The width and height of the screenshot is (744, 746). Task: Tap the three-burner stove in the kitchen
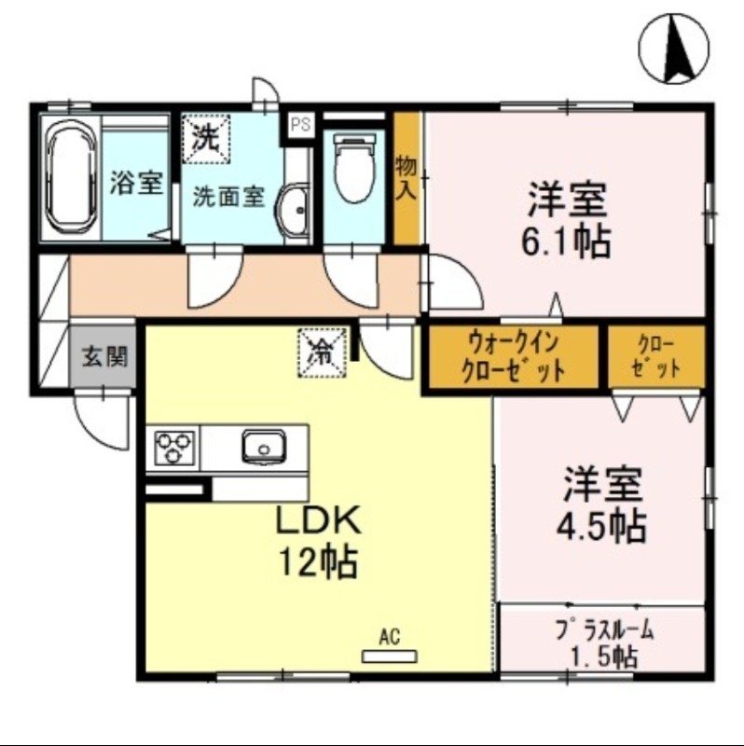tap(174, 447)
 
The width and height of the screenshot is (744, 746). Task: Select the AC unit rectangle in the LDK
tap(390, 657)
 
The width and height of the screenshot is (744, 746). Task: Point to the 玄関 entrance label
tap(103, 356)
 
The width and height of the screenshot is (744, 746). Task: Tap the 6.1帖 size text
tap(568, 242)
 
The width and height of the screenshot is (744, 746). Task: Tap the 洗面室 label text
tap(229, 197)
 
